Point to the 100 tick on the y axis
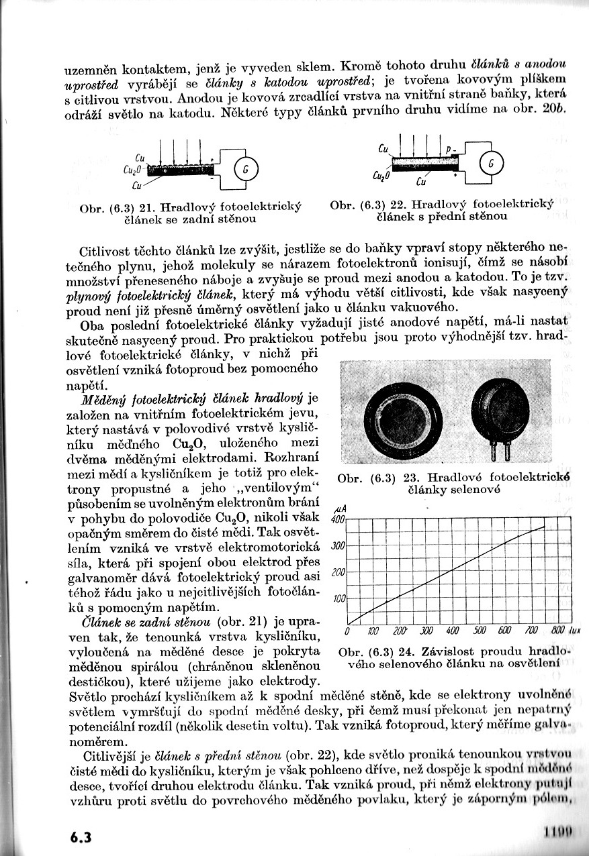[338, 598]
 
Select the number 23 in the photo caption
[410, 478]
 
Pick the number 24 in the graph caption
[412, 652]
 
